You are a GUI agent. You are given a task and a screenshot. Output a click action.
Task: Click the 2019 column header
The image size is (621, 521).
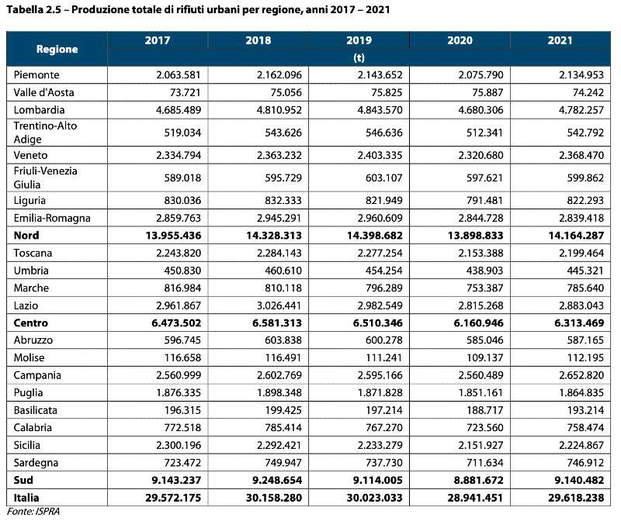[x=359, y=40]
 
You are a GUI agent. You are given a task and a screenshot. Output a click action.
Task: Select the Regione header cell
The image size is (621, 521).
[x=57, y=49]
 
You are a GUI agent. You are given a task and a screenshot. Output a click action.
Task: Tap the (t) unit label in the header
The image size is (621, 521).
[x=359, y=57]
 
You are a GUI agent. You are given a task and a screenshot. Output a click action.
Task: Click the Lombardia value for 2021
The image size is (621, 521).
[x=581, y=109]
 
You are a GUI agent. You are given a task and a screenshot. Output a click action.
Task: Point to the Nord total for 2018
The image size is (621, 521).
[x=274, y=236]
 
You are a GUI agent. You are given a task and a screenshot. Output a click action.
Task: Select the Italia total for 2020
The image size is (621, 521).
[x=475, y=498]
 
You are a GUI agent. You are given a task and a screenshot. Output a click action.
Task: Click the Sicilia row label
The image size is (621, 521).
[x=27, y=445]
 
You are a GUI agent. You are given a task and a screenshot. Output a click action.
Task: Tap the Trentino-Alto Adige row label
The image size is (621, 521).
[x=45, y=133]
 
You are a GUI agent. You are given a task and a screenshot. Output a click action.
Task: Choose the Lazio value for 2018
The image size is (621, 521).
[x=279, y=305]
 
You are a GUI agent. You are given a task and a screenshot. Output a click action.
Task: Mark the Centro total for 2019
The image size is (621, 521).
[x=378, y=323]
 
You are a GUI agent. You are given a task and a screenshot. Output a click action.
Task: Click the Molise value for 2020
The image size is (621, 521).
[x=484, y=357]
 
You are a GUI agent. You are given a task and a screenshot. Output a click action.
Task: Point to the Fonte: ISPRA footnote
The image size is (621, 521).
[x=33, y=512]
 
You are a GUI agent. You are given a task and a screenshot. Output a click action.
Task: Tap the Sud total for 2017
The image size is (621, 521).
[x=176, y=480]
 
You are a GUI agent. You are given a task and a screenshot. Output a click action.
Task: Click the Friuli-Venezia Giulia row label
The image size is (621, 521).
[x=45, y=178]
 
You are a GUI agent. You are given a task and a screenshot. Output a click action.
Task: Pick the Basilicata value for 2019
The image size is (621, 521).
[x=383, y=410]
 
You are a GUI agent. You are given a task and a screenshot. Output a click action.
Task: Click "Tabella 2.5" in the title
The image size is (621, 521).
[x=33, y=10]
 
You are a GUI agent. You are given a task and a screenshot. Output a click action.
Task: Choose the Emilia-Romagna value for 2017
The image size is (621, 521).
[x=179, y=218]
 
